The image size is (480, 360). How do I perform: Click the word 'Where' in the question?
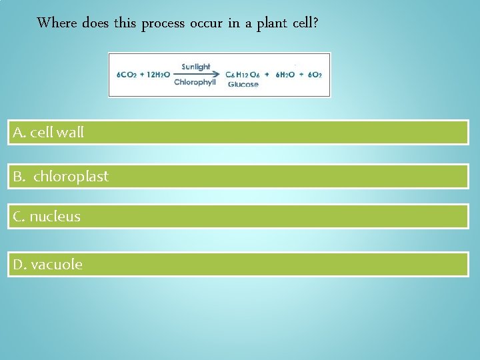[x=57, y=23]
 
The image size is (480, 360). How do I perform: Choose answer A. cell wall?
[x=238, y=132]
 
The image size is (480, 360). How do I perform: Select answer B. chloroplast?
[x=238, y=176]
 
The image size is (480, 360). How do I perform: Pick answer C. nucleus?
[x=238, y=216]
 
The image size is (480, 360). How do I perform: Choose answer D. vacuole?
[x=238, y=264]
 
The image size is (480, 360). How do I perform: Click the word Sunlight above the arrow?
[x=196, y=67]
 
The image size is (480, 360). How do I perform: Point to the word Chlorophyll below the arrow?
[x=195, y=83]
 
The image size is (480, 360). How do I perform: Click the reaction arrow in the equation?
[x=197, y=75]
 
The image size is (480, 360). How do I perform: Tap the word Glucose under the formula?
[x=243, y=85]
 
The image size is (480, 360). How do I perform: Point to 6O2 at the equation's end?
[x=315, y=75]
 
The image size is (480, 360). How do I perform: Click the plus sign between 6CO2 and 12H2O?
[x=141, y=75]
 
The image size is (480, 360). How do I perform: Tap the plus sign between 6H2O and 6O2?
[x=301, y=75]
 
